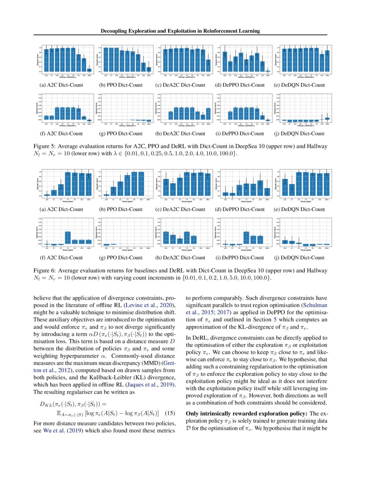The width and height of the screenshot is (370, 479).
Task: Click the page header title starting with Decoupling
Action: [185, 31]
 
